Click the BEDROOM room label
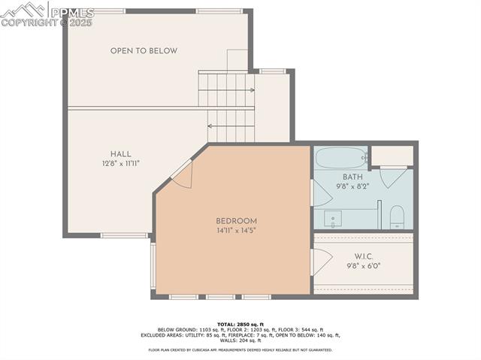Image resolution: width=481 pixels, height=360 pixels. pyautogui.click(x=236, y=220)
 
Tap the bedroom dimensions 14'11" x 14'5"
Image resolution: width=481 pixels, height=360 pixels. pyautogui.click(x=236, y=231)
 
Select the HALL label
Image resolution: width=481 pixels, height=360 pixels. pyautogui.click(x=120, y=153)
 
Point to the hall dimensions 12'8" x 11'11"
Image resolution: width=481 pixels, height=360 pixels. pyautogui.click(x=120, y=163)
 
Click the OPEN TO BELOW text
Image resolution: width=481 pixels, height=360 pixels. pyautogui.click(x=144, y=51)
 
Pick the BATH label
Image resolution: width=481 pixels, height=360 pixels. pyautogui.click(x=352, y=177)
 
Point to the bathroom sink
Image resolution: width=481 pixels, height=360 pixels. pyautogui.click(x=331, y=219)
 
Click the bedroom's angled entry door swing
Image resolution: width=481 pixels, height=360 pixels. pyautogui.click(x=183, y=174)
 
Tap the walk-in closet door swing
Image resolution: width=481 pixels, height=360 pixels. pyautogui.click(x=321, y=260)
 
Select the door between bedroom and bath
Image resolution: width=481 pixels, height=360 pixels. pyautogui.click(x=321, y=192)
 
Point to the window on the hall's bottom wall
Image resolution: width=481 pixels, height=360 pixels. pyautogui.click(x=124, y=235)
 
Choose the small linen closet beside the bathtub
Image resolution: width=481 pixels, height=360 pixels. pyautogui.click(x=392, y=155)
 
